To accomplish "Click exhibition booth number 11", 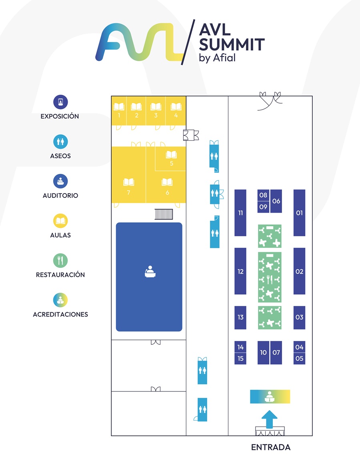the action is click(x=240, y=213).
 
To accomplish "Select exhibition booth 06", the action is click(x=276, y=201).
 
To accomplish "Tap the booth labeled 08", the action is click(x=263, y=195).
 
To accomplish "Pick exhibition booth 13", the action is click(x=240, y=317).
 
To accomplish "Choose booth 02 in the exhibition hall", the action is click(x=299, y=271).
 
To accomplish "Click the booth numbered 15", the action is click(x=240, y=359).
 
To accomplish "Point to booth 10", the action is click(x=263, y=353).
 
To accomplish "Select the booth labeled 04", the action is click(x=299, y=347).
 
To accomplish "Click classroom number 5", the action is click(x=170, y=158).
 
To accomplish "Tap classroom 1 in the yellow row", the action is click(x=119, y=111).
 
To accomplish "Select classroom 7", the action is click(x=129, y=175).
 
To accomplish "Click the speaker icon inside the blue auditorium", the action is click(x=150, y=271).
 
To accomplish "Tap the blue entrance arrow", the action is click(x=269, y=419).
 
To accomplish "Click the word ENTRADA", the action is click(x=271, y=447).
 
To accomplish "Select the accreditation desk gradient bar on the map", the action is click(x=270, y=397).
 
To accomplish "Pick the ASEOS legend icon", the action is click(x=60, y=142).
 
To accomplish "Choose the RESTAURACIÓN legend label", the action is click(x=60, y=275).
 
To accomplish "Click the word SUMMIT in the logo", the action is click(x=232, y=44).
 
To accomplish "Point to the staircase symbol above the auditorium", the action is click(x=164, y=214).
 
